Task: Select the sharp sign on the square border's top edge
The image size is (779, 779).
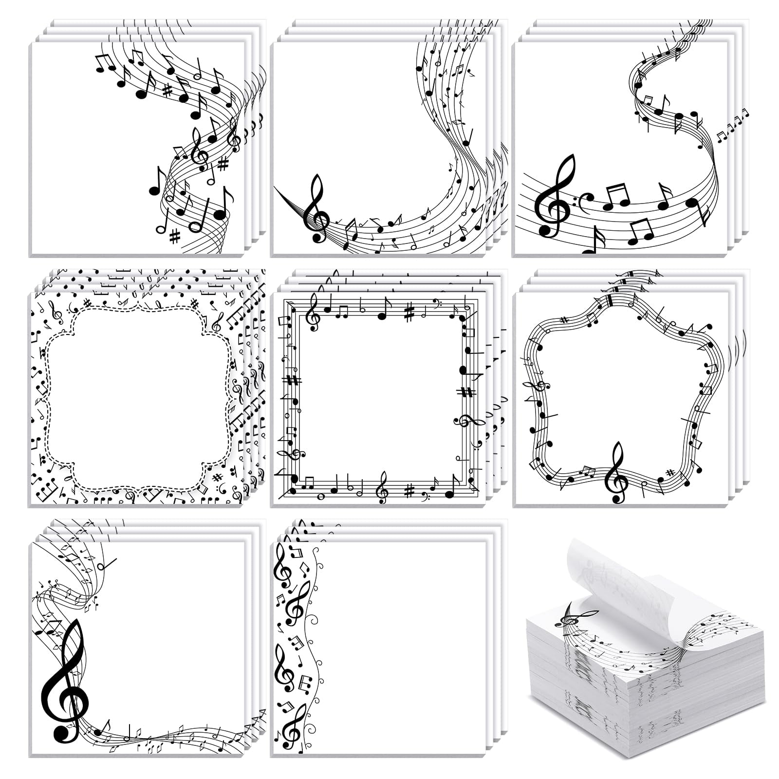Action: pos(409,312)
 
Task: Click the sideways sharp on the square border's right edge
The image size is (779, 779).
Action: pos(466,392)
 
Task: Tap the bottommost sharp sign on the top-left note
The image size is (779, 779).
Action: pos(174,237)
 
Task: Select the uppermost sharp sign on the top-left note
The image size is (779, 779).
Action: pos(167,90)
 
